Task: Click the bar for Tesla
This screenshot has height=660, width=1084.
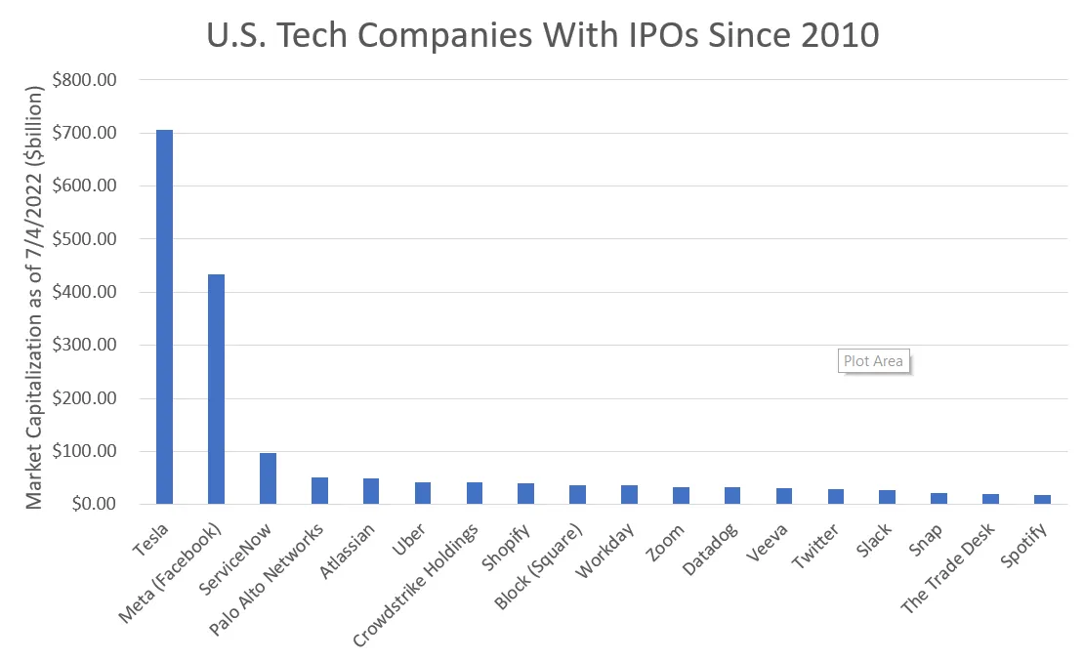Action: pyautogui.click(x=164, y=317)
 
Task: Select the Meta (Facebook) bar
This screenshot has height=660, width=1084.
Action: pyautogui.click(x=216, y=390)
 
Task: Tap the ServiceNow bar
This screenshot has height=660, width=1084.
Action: pyautogui.click(x=268, y=478)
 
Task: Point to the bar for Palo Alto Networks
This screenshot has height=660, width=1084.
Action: pyautogui.click(x=319, y=491)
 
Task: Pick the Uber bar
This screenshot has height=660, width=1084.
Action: pyautogui.click(x=423, y=493)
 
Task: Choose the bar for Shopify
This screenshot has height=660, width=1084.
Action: pyautogui.click(x=525, y=494)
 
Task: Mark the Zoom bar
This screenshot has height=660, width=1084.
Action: pyautogui.click(x=681, y=496)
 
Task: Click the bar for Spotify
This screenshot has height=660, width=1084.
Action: pyautogui.click(x=1042, y=500)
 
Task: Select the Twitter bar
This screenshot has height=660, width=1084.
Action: pyautogui.click(x=836, y=497)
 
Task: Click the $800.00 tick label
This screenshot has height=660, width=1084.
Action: pyautogui.click(x=87, y=80)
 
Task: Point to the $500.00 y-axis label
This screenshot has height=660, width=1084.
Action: pyautogui.click(x=87, y=239)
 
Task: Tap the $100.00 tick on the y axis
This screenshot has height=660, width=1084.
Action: pyautogui.click(x=87, y=451)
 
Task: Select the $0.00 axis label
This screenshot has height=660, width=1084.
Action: pyautogui.click(x=94, y=505)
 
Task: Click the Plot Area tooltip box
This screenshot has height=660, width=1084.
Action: pyautogui.click(x=873, y=361)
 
